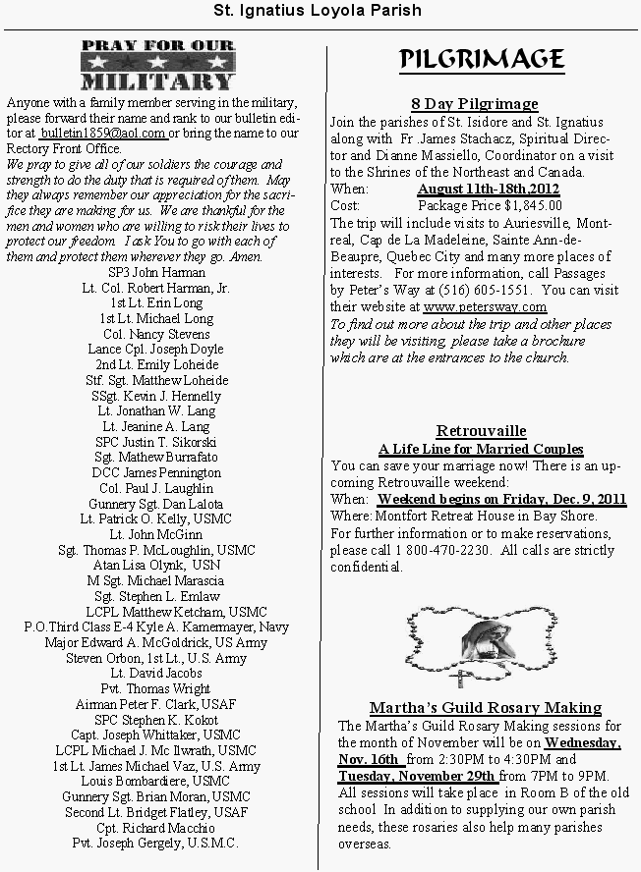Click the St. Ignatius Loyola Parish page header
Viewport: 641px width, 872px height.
pos(319,11)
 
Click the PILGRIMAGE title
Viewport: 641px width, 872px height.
pos(481,61)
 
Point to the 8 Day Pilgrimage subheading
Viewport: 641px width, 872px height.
pos(474,104)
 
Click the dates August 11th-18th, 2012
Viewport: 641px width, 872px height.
pos(489,189)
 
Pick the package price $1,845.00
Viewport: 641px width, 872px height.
pos(490,205)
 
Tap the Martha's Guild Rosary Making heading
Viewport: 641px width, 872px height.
pos(486,707)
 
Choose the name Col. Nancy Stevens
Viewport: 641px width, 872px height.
pos(157,334)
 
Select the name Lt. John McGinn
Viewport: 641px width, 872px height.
pos(157,534)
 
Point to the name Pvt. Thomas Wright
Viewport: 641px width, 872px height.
pos(157,688)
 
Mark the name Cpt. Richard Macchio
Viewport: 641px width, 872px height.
pos(157,827)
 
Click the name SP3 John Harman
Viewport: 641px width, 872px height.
pos(157,272)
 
